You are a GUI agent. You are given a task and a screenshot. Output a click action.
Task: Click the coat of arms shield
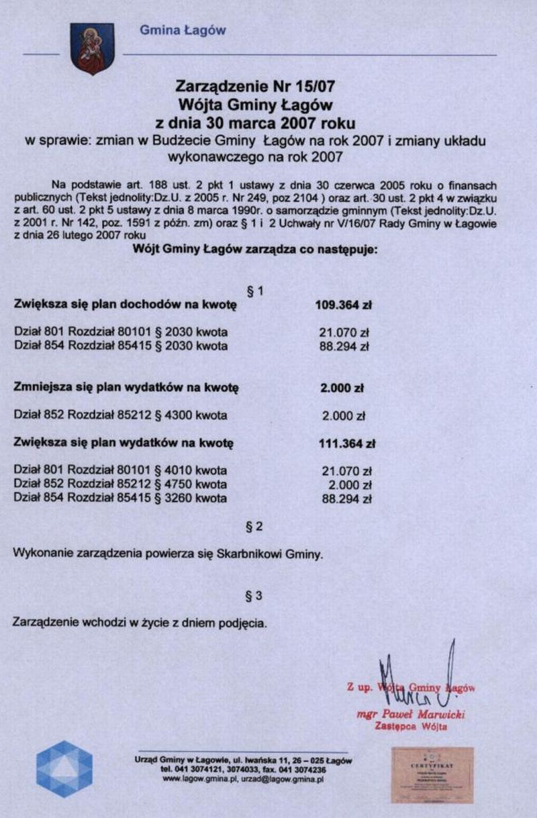92,48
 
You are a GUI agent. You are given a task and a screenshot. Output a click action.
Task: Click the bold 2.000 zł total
343,388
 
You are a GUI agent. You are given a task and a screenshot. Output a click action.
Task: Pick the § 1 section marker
255,291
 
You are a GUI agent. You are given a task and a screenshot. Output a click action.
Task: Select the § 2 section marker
255,527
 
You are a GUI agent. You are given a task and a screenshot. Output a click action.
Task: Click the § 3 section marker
255,595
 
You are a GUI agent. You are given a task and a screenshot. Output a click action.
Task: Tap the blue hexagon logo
64,769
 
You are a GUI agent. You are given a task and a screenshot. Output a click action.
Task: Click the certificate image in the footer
432,775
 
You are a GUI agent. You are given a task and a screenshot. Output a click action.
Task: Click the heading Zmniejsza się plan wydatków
127,388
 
